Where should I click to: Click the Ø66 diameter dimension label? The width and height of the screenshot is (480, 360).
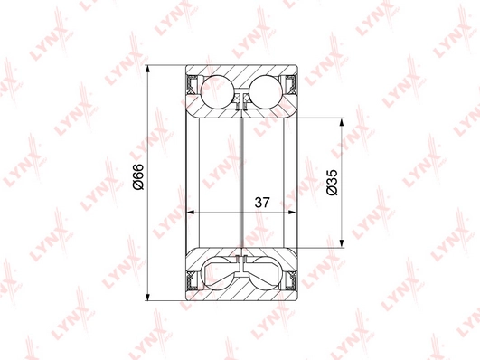[138, 176]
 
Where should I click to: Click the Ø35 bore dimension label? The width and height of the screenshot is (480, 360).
[332, 182]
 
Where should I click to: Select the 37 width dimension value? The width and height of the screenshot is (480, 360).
[262, 203]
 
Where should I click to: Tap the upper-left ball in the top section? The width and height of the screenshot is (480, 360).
[217, 92]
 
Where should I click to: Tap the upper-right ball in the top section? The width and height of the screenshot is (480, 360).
[266, 92]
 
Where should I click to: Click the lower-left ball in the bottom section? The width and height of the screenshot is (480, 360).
[217, 273]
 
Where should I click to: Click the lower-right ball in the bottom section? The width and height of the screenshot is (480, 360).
[266, 273]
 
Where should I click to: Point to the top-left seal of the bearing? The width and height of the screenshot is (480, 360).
[193, 84]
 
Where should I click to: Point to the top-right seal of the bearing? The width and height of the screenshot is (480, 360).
[291, 84]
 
